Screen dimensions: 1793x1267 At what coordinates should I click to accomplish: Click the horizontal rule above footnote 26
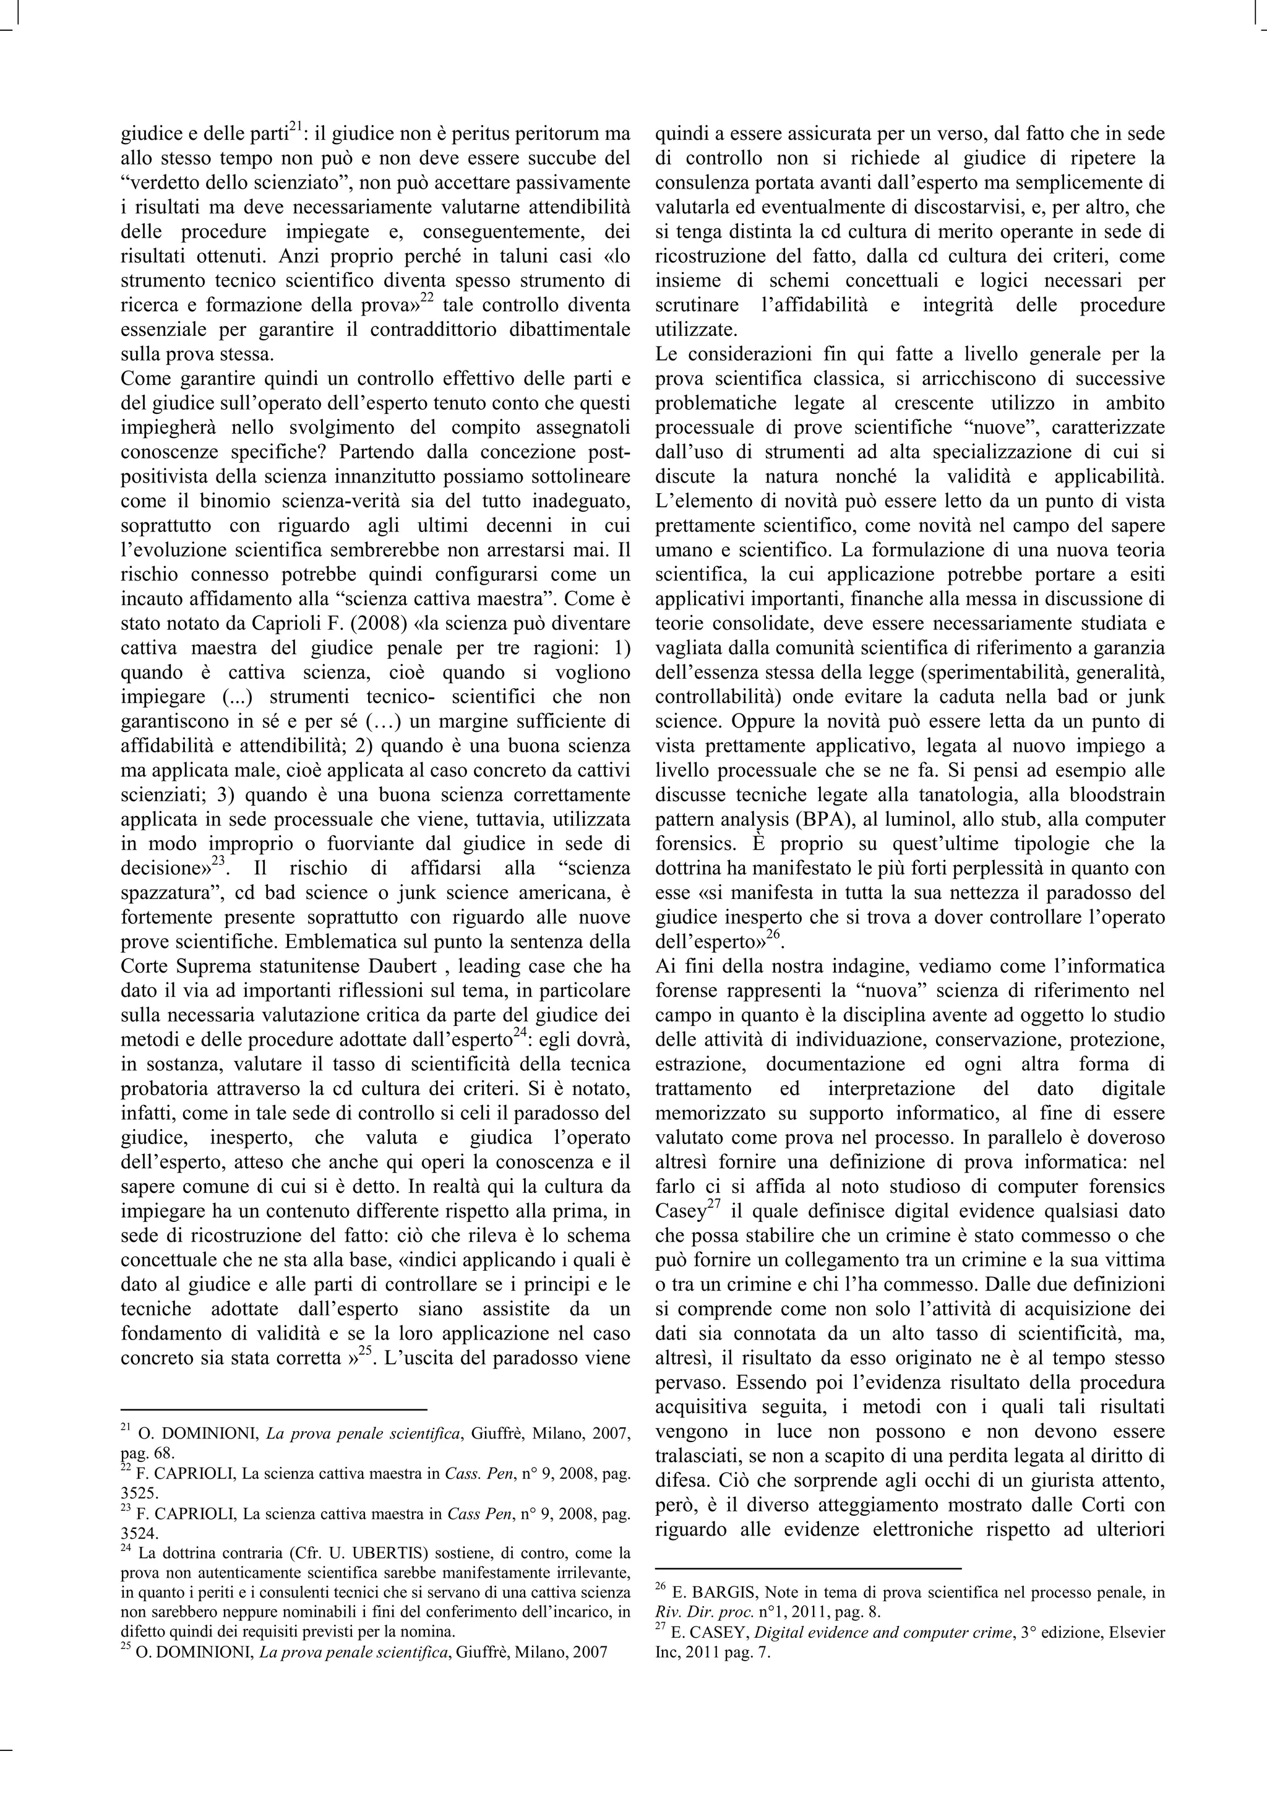tap(808, 1567)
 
